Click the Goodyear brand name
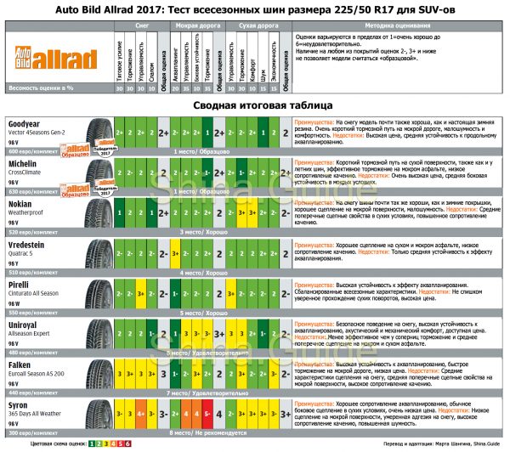(x=25, y=121)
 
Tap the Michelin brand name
(x=23, y=161)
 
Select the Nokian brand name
(x=20, y=203)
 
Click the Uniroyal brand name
(x=23, y=325)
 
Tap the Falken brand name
(x=20, y=366)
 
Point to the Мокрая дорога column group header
(x=195, y=26)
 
